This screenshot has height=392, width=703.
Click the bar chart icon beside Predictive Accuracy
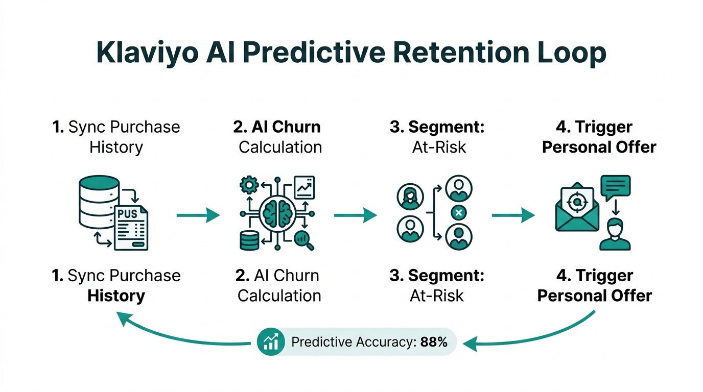click(271, 341)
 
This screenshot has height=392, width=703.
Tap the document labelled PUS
click(131, 228)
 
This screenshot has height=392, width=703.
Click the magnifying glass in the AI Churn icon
click(305, 239)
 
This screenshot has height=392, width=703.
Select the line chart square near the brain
click(304, 188)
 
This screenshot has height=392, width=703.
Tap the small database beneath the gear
click(249, 240)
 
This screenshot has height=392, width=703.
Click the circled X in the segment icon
click(458, 213)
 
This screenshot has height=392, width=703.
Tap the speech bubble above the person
click(616, 188)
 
